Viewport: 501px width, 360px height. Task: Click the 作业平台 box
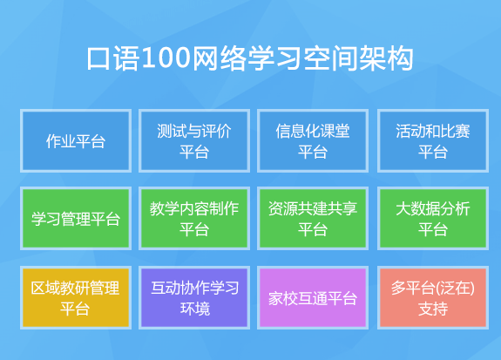(76, 140)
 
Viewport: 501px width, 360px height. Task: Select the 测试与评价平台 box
(194, 140)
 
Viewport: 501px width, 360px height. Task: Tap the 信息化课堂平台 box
(313, 140)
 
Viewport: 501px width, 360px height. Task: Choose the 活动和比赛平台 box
(433, 140)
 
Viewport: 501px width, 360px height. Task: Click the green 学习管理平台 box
(76, 219)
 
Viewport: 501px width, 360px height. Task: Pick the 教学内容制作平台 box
(194, 219)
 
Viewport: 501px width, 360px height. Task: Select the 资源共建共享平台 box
(313, 219)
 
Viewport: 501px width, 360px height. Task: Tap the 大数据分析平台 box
(433, 219)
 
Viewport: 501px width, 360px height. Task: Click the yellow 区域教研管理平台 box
(76, 297)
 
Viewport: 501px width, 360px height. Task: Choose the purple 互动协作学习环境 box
(194, 297)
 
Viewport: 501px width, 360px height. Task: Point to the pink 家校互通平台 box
(313, 297)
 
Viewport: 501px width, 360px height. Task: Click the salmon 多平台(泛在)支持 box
(433, 297)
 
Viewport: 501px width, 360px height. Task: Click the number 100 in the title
(166, 58)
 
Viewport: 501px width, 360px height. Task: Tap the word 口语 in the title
(113, 58)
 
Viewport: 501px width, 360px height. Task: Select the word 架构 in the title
(386, 58)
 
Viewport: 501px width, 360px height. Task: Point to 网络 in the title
(220, 58)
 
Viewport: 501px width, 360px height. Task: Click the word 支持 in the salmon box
(433, 309)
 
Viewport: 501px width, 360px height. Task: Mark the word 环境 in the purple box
(195, 309)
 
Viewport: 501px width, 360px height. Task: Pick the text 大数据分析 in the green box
(433, 208)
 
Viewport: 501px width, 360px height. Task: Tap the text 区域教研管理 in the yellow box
(76, 288)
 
